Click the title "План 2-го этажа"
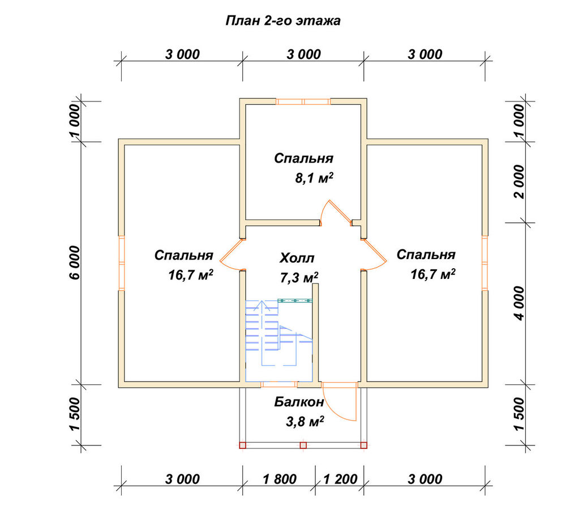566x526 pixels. click(283, 21)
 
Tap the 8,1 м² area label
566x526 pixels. click(314, 178)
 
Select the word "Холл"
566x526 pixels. click(297, 258)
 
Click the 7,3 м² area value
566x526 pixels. click(299, 278)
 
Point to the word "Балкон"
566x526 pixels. click(299, 402)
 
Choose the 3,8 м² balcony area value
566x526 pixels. click(305, 422)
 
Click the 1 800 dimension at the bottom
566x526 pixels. click(280, 480)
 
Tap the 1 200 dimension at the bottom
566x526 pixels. click(340, 480)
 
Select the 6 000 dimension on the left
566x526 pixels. click(75, 263)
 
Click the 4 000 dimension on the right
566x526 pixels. click(519, 303)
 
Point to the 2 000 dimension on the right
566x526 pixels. click(519, 182)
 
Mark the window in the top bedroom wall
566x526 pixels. click(303, 101)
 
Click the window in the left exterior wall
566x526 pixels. click(122, 263)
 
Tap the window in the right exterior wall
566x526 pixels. click(485, 263)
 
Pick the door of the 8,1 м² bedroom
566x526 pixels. click(337, 212)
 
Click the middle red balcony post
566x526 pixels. click(303, 446)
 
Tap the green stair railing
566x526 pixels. click(295, 300)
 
